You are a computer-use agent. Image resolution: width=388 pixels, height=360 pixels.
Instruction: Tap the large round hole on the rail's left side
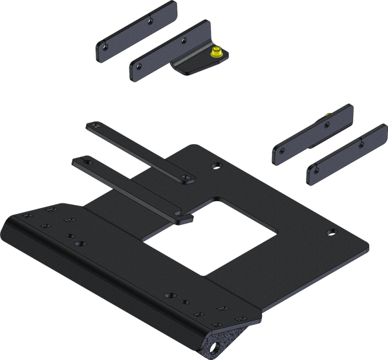80,244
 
